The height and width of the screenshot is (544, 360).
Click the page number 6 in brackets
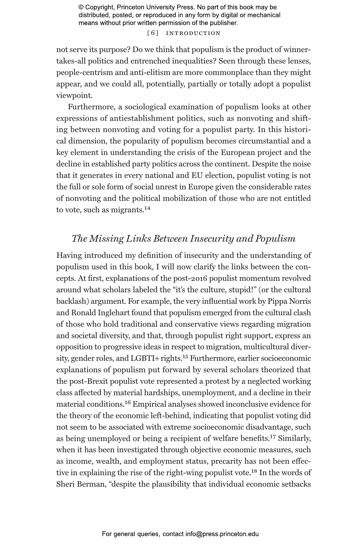click(x=153, y=33)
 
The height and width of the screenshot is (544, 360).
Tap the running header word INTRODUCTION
click(x=193, y=33)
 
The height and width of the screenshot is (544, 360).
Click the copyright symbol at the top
click(x=81, y=7)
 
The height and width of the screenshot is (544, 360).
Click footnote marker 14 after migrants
click(x=147, y=208)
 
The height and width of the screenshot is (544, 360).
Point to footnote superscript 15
click(x=185, y=357)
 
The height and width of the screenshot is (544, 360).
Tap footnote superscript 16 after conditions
click(x=128, y=403)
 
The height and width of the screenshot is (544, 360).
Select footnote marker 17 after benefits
click(x=273, y=437)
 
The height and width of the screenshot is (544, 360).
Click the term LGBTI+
click(x=144, y=359)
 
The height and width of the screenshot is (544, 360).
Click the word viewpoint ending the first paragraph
click(x=74, y=96)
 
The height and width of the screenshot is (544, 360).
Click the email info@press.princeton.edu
click(x=222, y=534)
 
